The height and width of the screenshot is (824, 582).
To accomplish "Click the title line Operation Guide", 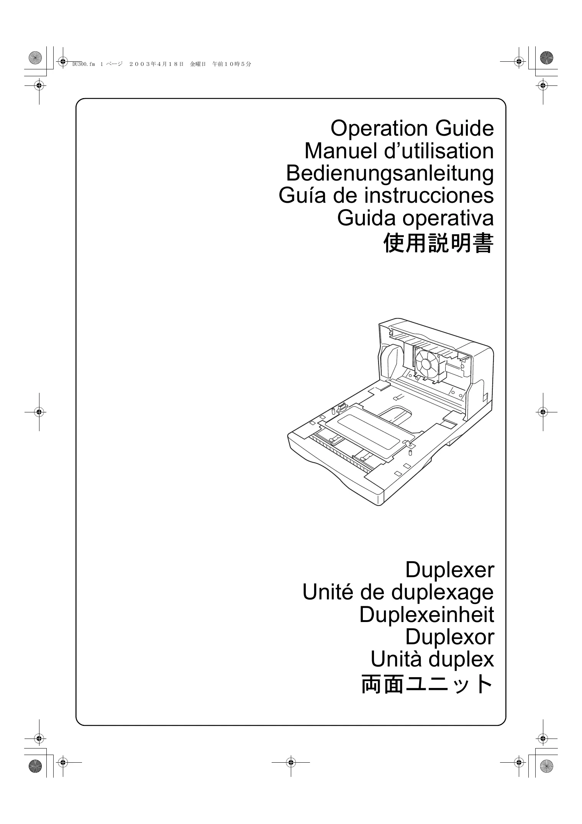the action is (412, 128).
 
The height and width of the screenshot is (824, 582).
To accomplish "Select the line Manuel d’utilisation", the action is (399, 151).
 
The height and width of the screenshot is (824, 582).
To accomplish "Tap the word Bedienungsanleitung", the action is (390, 173).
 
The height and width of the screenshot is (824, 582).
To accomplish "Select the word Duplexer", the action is (449, 570).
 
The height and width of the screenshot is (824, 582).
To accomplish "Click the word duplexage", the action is (443, 592).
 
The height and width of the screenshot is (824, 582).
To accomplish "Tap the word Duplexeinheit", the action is (426, 614).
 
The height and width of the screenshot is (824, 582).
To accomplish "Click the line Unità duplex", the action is (432, 659).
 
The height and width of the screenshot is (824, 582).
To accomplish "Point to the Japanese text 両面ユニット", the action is (427, 684).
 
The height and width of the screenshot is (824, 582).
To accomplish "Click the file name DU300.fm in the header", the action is (83, 64).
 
